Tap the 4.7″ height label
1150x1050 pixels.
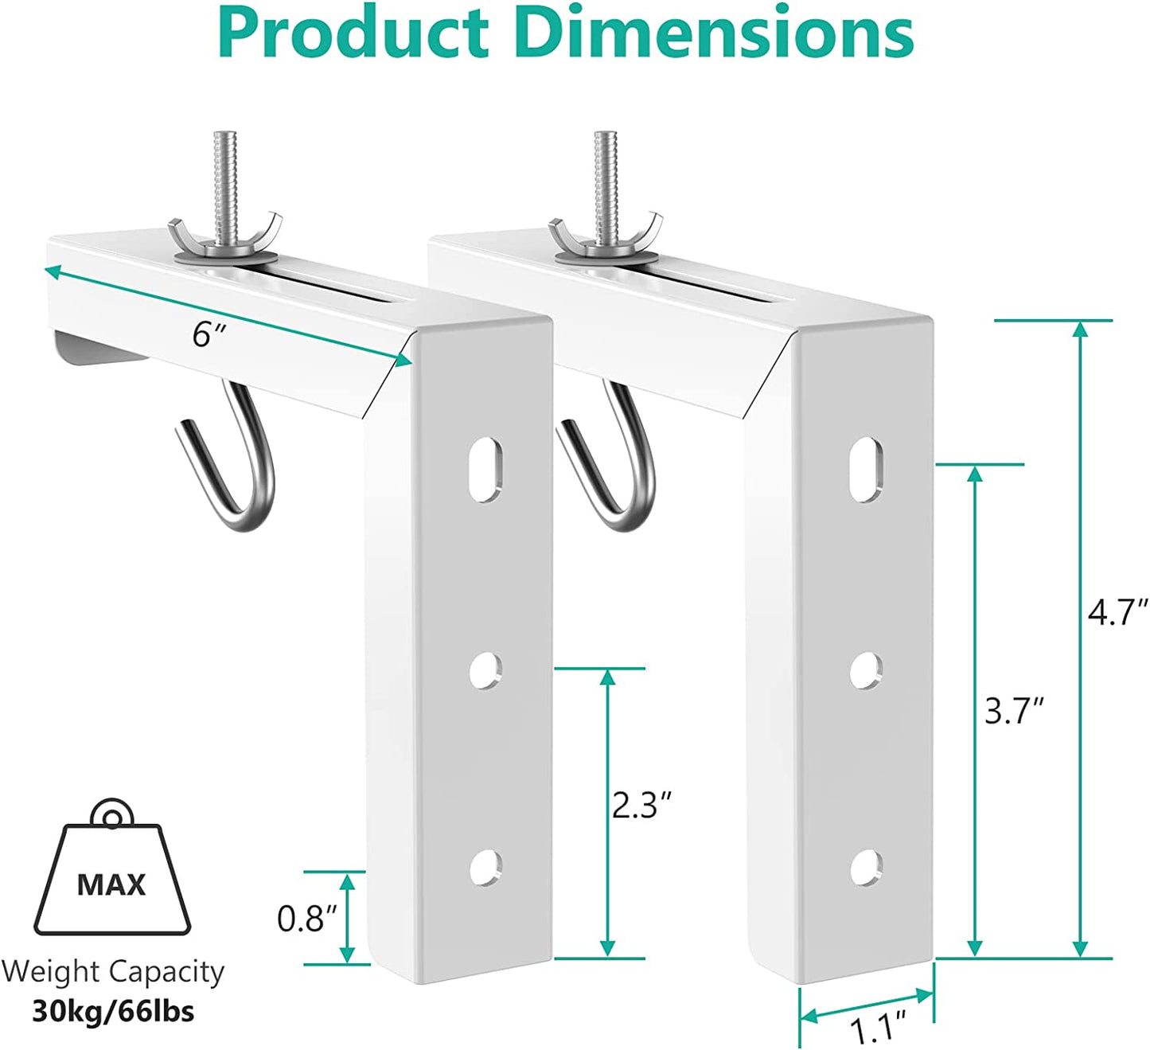point(1117,613)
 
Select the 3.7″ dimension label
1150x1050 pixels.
point(1013,711)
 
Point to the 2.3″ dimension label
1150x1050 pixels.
point(641,806)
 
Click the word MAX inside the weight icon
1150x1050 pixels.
point(111,884)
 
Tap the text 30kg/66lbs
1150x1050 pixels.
point(113,1011)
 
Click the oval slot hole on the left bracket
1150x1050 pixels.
point(485,470)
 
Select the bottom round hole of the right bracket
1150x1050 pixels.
point(866,867)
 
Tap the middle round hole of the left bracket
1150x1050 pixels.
point(485,670)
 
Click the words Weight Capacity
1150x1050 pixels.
point(113,972)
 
